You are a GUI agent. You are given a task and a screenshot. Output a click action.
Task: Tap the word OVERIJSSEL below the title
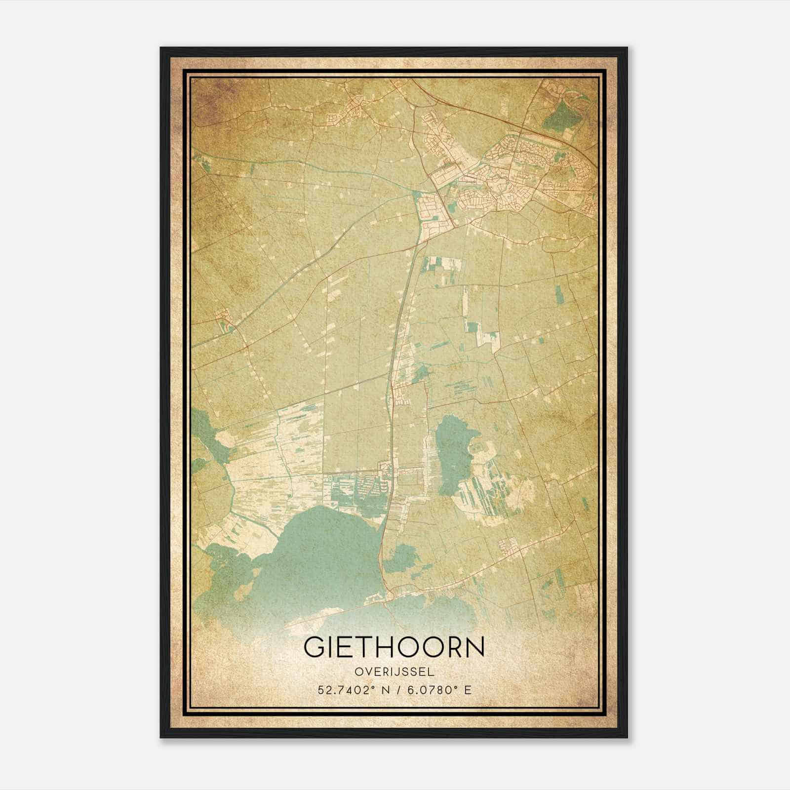[394, 672]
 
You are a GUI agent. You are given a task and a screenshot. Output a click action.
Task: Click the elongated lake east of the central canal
[452, 452]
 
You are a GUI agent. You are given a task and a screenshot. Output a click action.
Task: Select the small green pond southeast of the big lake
[402, 558]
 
